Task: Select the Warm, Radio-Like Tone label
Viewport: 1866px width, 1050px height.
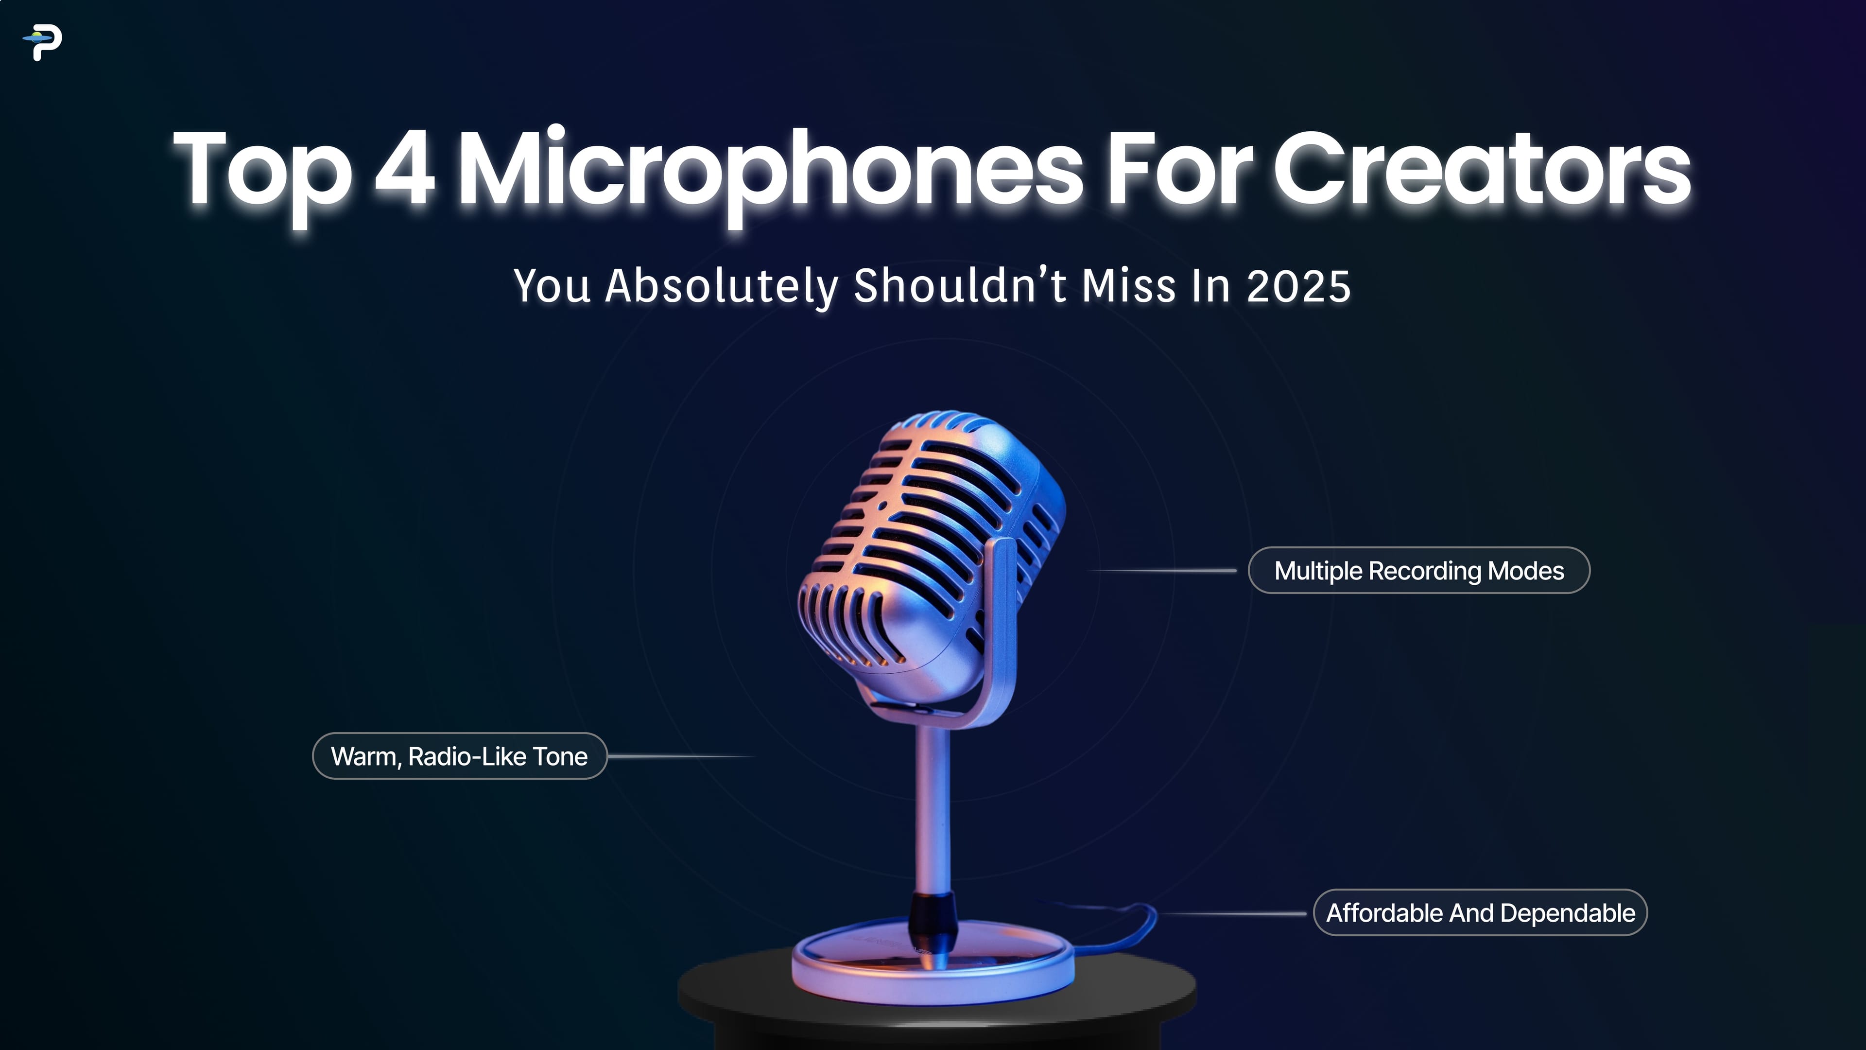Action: pos(459,756)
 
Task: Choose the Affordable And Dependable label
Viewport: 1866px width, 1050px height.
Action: pos(1480,913)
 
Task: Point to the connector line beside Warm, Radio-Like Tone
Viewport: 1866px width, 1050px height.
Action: pos(681,756)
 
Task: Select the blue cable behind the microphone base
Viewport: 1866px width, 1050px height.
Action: pos(1137,924)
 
